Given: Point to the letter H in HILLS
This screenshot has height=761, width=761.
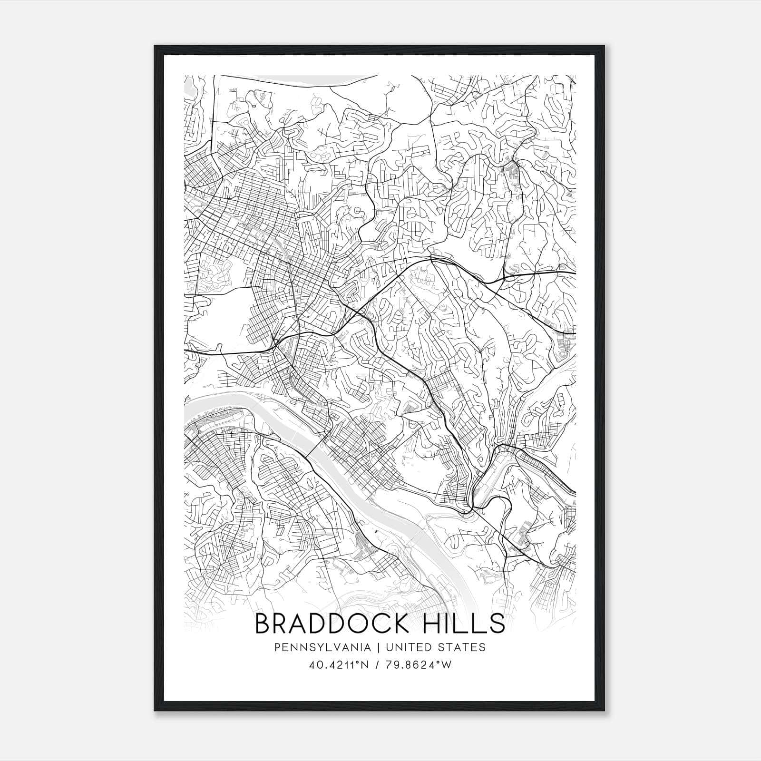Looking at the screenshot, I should (x=433, y=624).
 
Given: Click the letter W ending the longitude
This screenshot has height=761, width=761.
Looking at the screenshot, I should (x=446, y=665).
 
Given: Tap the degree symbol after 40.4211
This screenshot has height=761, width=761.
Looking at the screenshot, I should (x=354, y=663).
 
